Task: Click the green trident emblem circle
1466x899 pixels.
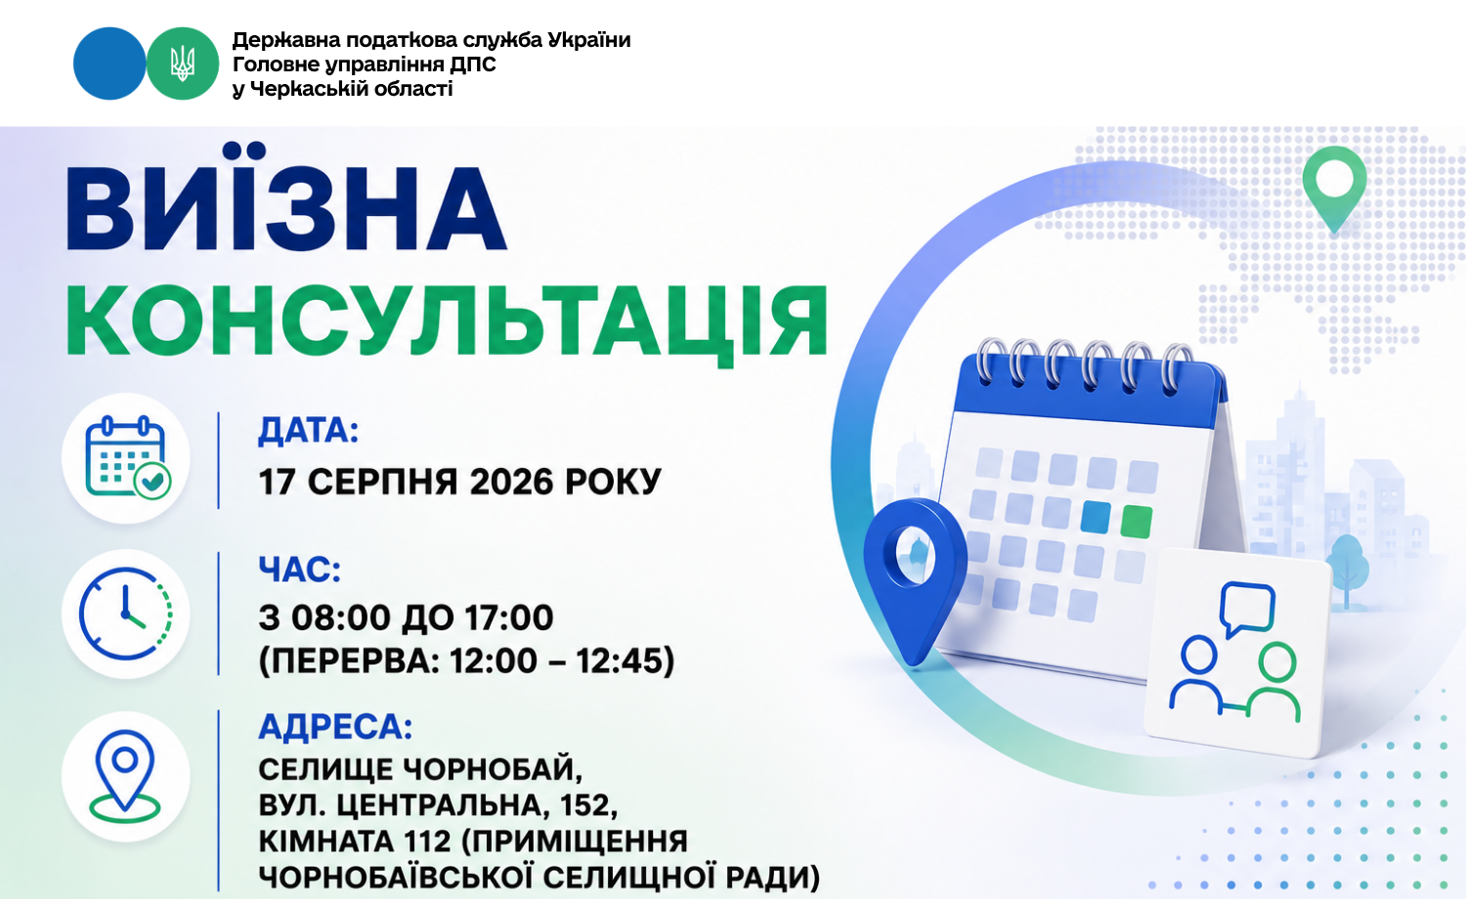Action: point(182,64)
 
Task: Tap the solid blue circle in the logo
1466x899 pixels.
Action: point(109,64)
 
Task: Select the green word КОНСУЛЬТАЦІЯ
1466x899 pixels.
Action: point(447,323)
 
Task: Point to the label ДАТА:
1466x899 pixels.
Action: point(308,431)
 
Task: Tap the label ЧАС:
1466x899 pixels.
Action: point(300,570)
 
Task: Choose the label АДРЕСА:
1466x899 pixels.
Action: point(335,726)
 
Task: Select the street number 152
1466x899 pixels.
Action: point(588,805)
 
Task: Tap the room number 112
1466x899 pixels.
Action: point(427,841)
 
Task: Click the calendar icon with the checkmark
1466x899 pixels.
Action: point(128,458)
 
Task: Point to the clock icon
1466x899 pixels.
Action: point(126,614)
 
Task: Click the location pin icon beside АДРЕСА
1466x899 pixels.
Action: point(124,776)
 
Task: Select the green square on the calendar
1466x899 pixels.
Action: point(1136,522)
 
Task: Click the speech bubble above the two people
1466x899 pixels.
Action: point(1247,609)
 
